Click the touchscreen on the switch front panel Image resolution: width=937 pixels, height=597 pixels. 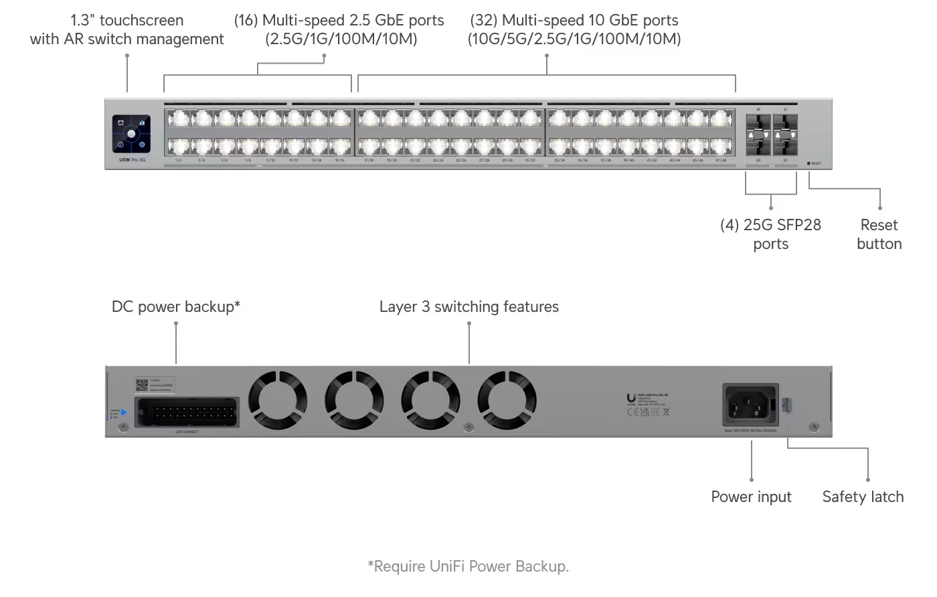coord(131,135)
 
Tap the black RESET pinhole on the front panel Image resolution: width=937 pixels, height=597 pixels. coord(808,163)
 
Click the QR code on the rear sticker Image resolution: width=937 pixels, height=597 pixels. coord(142,386)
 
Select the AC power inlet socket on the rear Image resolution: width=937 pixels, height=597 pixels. coord(750,404)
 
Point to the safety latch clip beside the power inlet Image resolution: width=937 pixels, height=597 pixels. coord(787,404)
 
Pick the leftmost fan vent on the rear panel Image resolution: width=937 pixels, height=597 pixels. coord(278,402)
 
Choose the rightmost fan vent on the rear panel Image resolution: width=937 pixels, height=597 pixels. coord(507,402)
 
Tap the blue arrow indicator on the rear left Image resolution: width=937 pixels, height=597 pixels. coord(124,412)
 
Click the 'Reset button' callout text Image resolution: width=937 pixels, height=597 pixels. coord(879,234)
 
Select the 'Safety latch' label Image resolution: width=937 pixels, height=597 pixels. coord(863,497)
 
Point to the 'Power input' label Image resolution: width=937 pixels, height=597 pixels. coord(751,497)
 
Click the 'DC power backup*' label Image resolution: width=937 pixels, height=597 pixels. coord(176,307)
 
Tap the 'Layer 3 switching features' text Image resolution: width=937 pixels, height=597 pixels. coord(468,307)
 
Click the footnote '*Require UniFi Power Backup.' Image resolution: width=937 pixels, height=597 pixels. coord(468,566)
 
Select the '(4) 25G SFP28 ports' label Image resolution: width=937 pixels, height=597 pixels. coord(770,234)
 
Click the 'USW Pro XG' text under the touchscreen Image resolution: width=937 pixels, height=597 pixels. coord(133,161)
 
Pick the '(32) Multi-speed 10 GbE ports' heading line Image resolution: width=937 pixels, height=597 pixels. coord(574,20)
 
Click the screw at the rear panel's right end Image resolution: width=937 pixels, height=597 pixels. coord(814,427)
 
